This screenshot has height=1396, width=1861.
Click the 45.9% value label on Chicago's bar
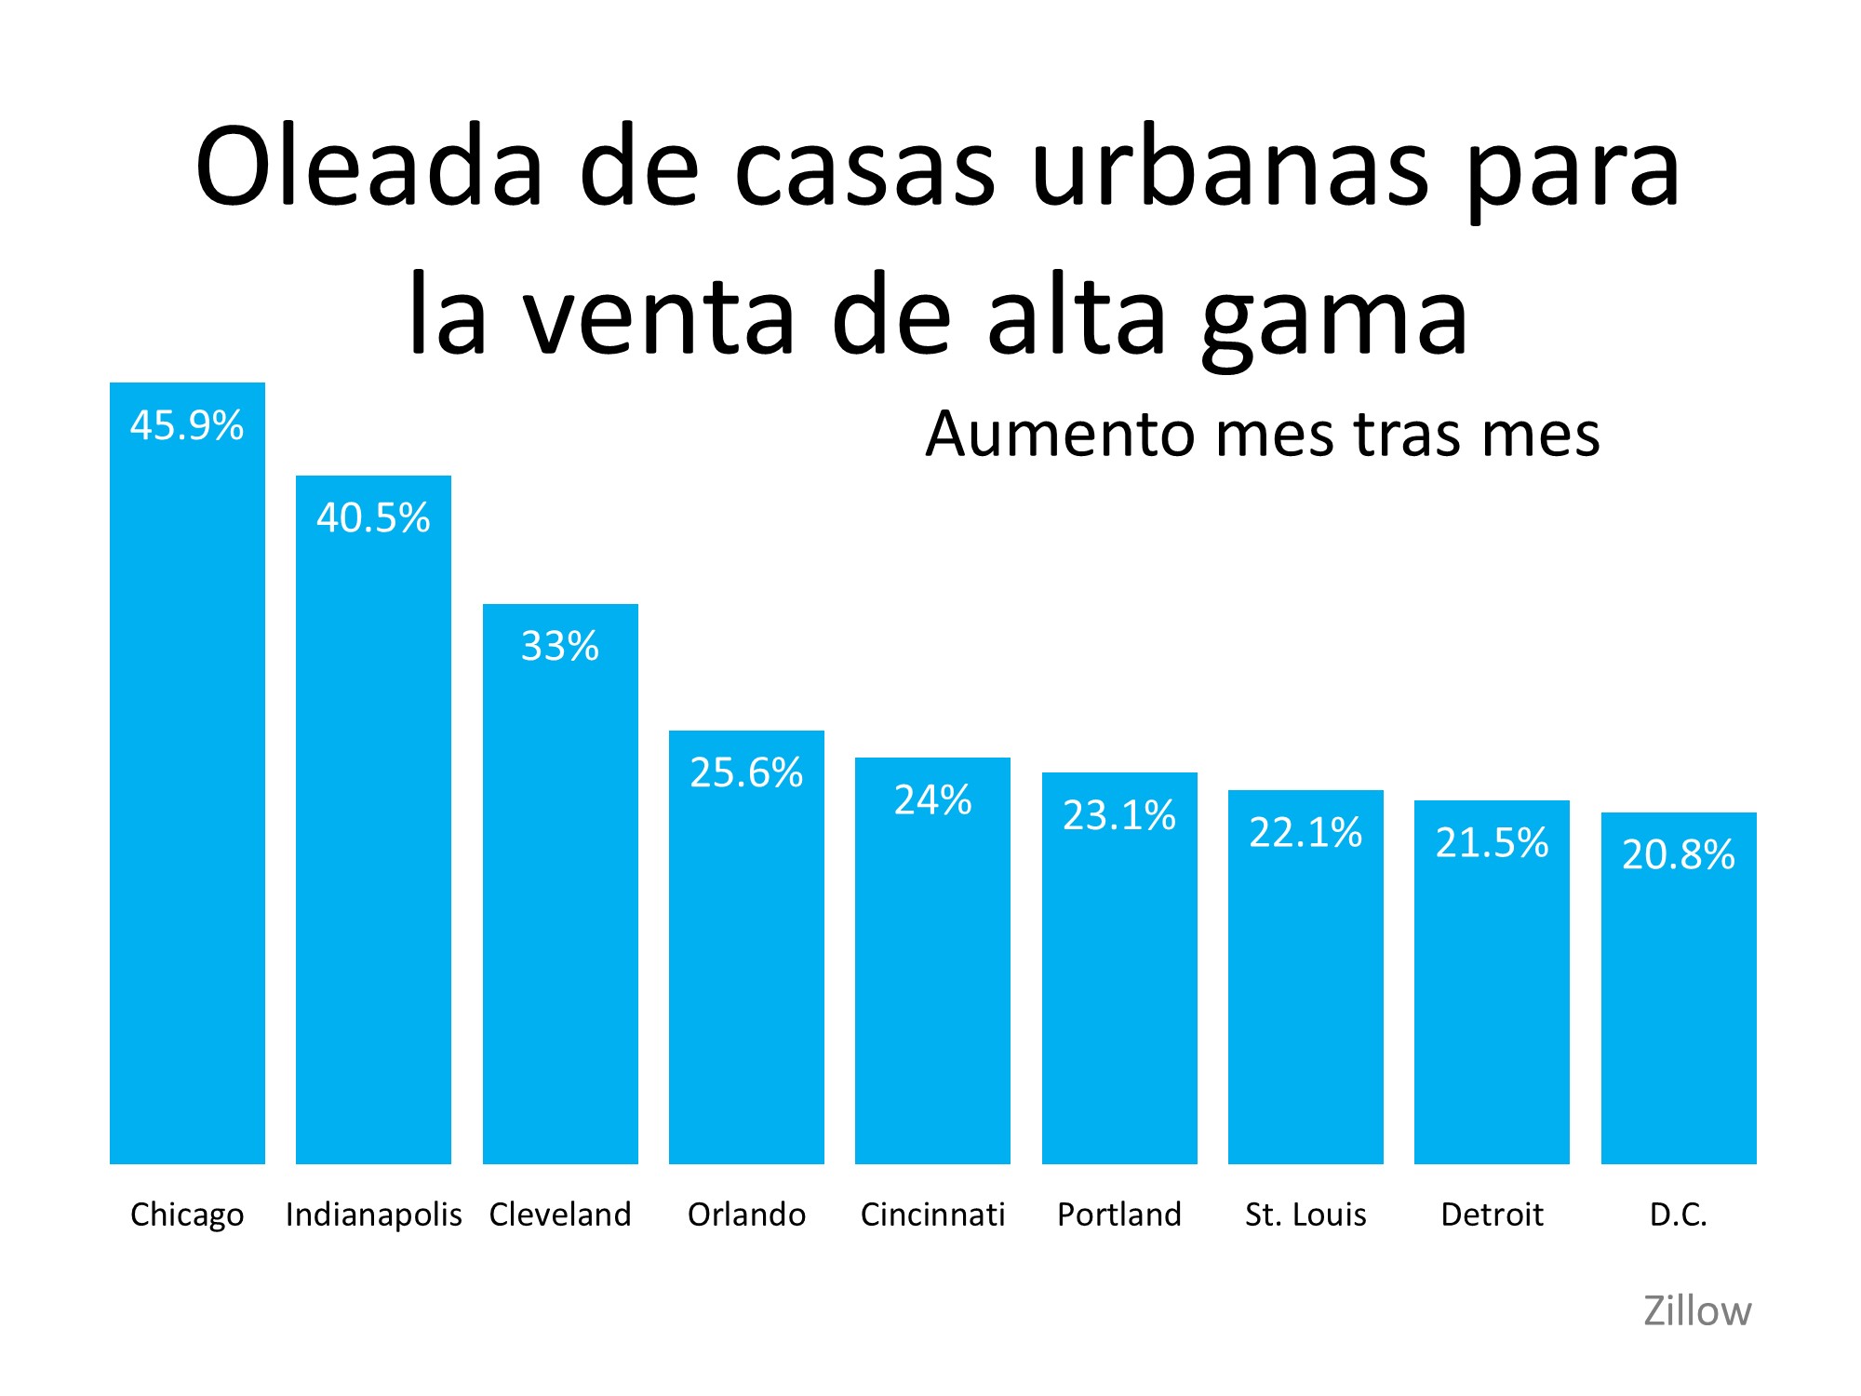point(187,425)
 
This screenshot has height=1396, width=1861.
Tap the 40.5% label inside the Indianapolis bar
point(373,517)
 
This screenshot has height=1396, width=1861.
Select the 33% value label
point(560,646)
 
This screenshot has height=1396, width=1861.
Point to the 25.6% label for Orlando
point(746,772)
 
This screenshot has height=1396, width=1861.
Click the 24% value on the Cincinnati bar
point(932,799)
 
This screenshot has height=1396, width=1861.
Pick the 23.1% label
point(1119,815)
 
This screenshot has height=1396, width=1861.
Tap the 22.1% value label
point(1305,832)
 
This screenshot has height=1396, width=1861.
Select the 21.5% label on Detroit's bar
point(1492,842)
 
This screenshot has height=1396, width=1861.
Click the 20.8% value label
point(1679,854)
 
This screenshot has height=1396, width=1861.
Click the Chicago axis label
point(187,1215)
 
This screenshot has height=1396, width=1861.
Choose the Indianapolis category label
point(373,1215)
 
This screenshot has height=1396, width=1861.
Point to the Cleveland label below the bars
point(560,1215)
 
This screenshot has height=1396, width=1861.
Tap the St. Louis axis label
point(1305,1215)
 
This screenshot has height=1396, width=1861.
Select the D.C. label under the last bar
point(1679,1215)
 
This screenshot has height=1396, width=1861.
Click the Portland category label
point(1119,1215)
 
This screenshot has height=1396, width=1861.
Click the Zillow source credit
point(1697,1311)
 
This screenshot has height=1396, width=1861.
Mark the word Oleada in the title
point(368,168)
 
